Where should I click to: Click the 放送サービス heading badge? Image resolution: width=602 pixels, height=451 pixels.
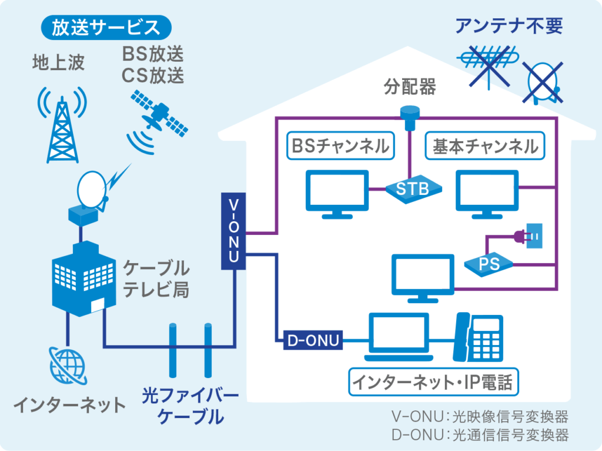(x=106, y=27)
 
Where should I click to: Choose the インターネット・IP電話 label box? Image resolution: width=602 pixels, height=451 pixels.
(x=432, y=383)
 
